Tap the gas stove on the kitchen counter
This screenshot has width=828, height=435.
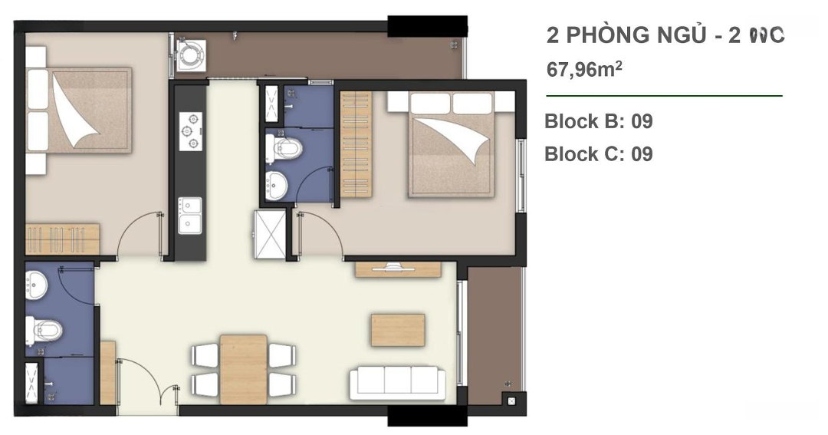[191, 130]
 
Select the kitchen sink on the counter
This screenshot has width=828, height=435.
[189, 216]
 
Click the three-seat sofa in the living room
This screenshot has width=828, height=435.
[397, 380]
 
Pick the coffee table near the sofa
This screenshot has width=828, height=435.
[398, 330]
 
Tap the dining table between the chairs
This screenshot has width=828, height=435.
[244, 369]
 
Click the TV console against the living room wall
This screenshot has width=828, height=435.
[398, 269]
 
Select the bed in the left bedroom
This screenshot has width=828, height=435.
[79, 110]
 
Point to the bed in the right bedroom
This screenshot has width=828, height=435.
[452, 144]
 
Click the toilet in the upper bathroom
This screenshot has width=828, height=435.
[284, 149]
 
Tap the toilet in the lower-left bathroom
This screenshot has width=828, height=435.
[44, 331]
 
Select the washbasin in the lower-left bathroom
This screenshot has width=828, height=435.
[37, 285]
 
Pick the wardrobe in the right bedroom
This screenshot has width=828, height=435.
[356, 144]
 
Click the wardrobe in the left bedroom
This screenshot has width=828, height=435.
[62, 239]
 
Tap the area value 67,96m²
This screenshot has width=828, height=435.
[584, 69]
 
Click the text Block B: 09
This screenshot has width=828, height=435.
[598, 121]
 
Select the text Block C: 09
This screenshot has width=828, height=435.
[598, 153]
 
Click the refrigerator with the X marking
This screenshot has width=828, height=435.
[270, 235]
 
